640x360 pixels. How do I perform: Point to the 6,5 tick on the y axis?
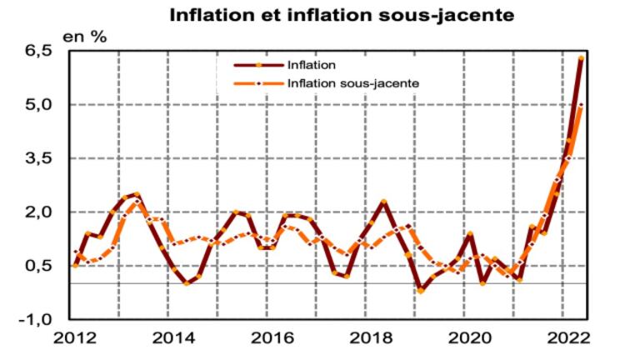(x=37, y=52)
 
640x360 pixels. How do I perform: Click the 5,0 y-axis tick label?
(x=37, y=105)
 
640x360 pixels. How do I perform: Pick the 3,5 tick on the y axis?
(x=37, y=158)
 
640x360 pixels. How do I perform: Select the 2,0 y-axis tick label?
(x=37, y=212)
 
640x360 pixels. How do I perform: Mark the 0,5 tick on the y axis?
(x=37, y=266)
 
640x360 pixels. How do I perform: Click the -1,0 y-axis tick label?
(x=34, y=319)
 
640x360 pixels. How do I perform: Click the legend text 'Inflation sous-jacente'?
(x=352, y=83)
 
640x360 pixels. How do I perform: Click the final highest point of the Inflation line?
(x=581, y=58)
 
